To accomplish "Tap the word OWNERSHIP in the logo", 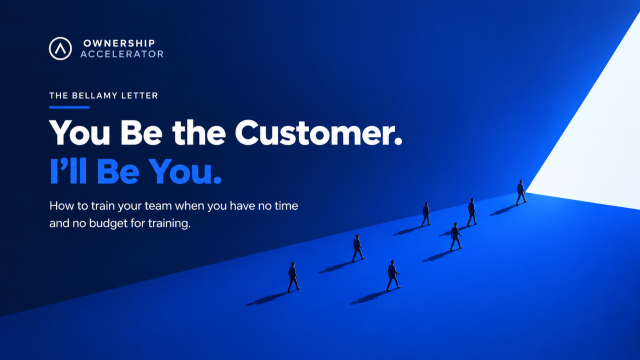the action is point(119,43).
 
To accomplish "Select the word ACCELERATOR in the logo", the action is point(122,54).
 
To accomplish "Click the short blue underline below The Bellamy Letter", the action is point(69,107).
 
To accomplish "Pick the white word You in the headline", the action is point(79,133).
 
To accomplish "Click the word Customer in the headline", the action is point(318,133).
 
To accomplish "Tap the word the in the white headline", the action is point(199,133).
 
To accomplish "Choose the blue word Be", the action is point(118,171).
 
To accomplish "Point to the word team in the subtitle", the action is point(157,206).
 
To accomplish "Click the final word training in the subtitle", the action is point(169,223).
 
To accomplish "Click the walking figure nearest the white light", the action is point(521,192).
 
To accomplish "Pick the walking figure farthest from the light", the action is point(293,277).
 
